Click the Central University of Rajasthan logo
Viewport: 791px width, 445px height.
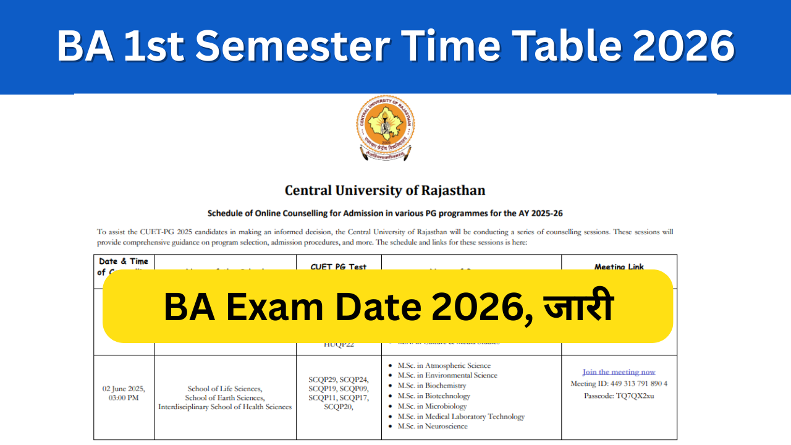[x=386, y=128]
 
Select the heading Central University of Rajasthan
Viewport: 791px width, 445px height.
[x=385, y=190]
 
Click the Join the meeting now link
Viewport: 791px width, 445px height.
[x=619, y=372]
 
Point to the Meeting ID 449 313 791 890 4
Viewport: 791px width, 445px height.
[x=619, y=384]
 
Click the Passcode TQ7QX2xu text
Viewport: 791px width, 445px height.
[x=619, y=396]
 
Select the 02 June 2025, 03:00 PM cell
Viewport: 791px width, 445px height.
[x=124, y=393]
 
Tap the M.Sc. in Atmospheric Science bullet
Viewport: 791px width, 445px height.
[x=444, y=366]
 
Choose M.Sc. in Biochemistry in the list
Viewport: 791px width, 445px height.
[x=431, y=386]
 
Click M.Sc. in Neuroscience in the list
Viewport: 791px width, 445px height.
[x=433, y=426]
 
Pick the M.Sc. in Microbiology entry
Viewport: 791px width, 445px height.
[x=432, y=406]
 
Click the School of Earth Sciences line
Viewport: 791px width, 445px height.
[x=225, y=398]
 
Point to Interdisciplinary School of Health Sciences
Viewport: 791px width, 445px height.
[x=225, y=407]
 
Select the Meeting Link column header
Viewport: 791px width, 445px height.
[x=619, y=267]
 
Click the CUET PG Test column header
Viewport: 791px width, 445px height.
[x=339, y=267]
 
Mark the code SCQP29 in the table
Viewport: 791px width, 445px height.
[x=323, y=379]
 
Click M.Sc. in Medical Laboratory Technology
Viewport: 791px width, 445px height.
[x=461, y=417]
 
